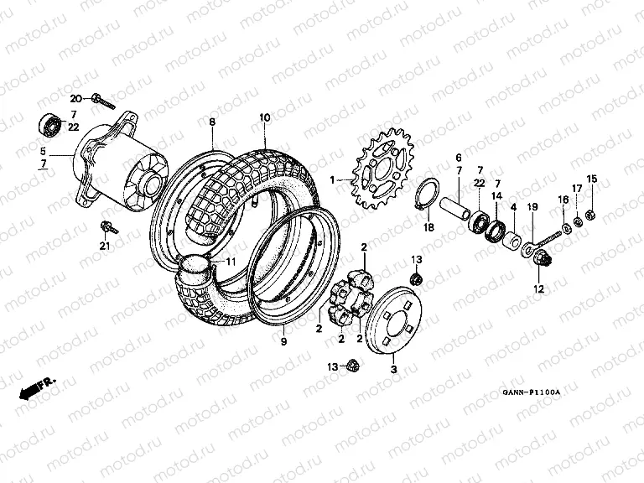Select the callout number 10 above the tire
point(264,118)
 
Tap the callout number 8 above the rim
point(212,122)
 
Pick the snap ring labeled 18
point(427,199)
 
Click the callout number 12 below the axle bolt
point(538,289)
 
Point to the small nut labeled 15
point(591,214)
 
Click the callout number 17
point(576,189)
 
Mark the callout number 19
point(532,207)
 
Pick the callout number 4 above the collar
point(512,207)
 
